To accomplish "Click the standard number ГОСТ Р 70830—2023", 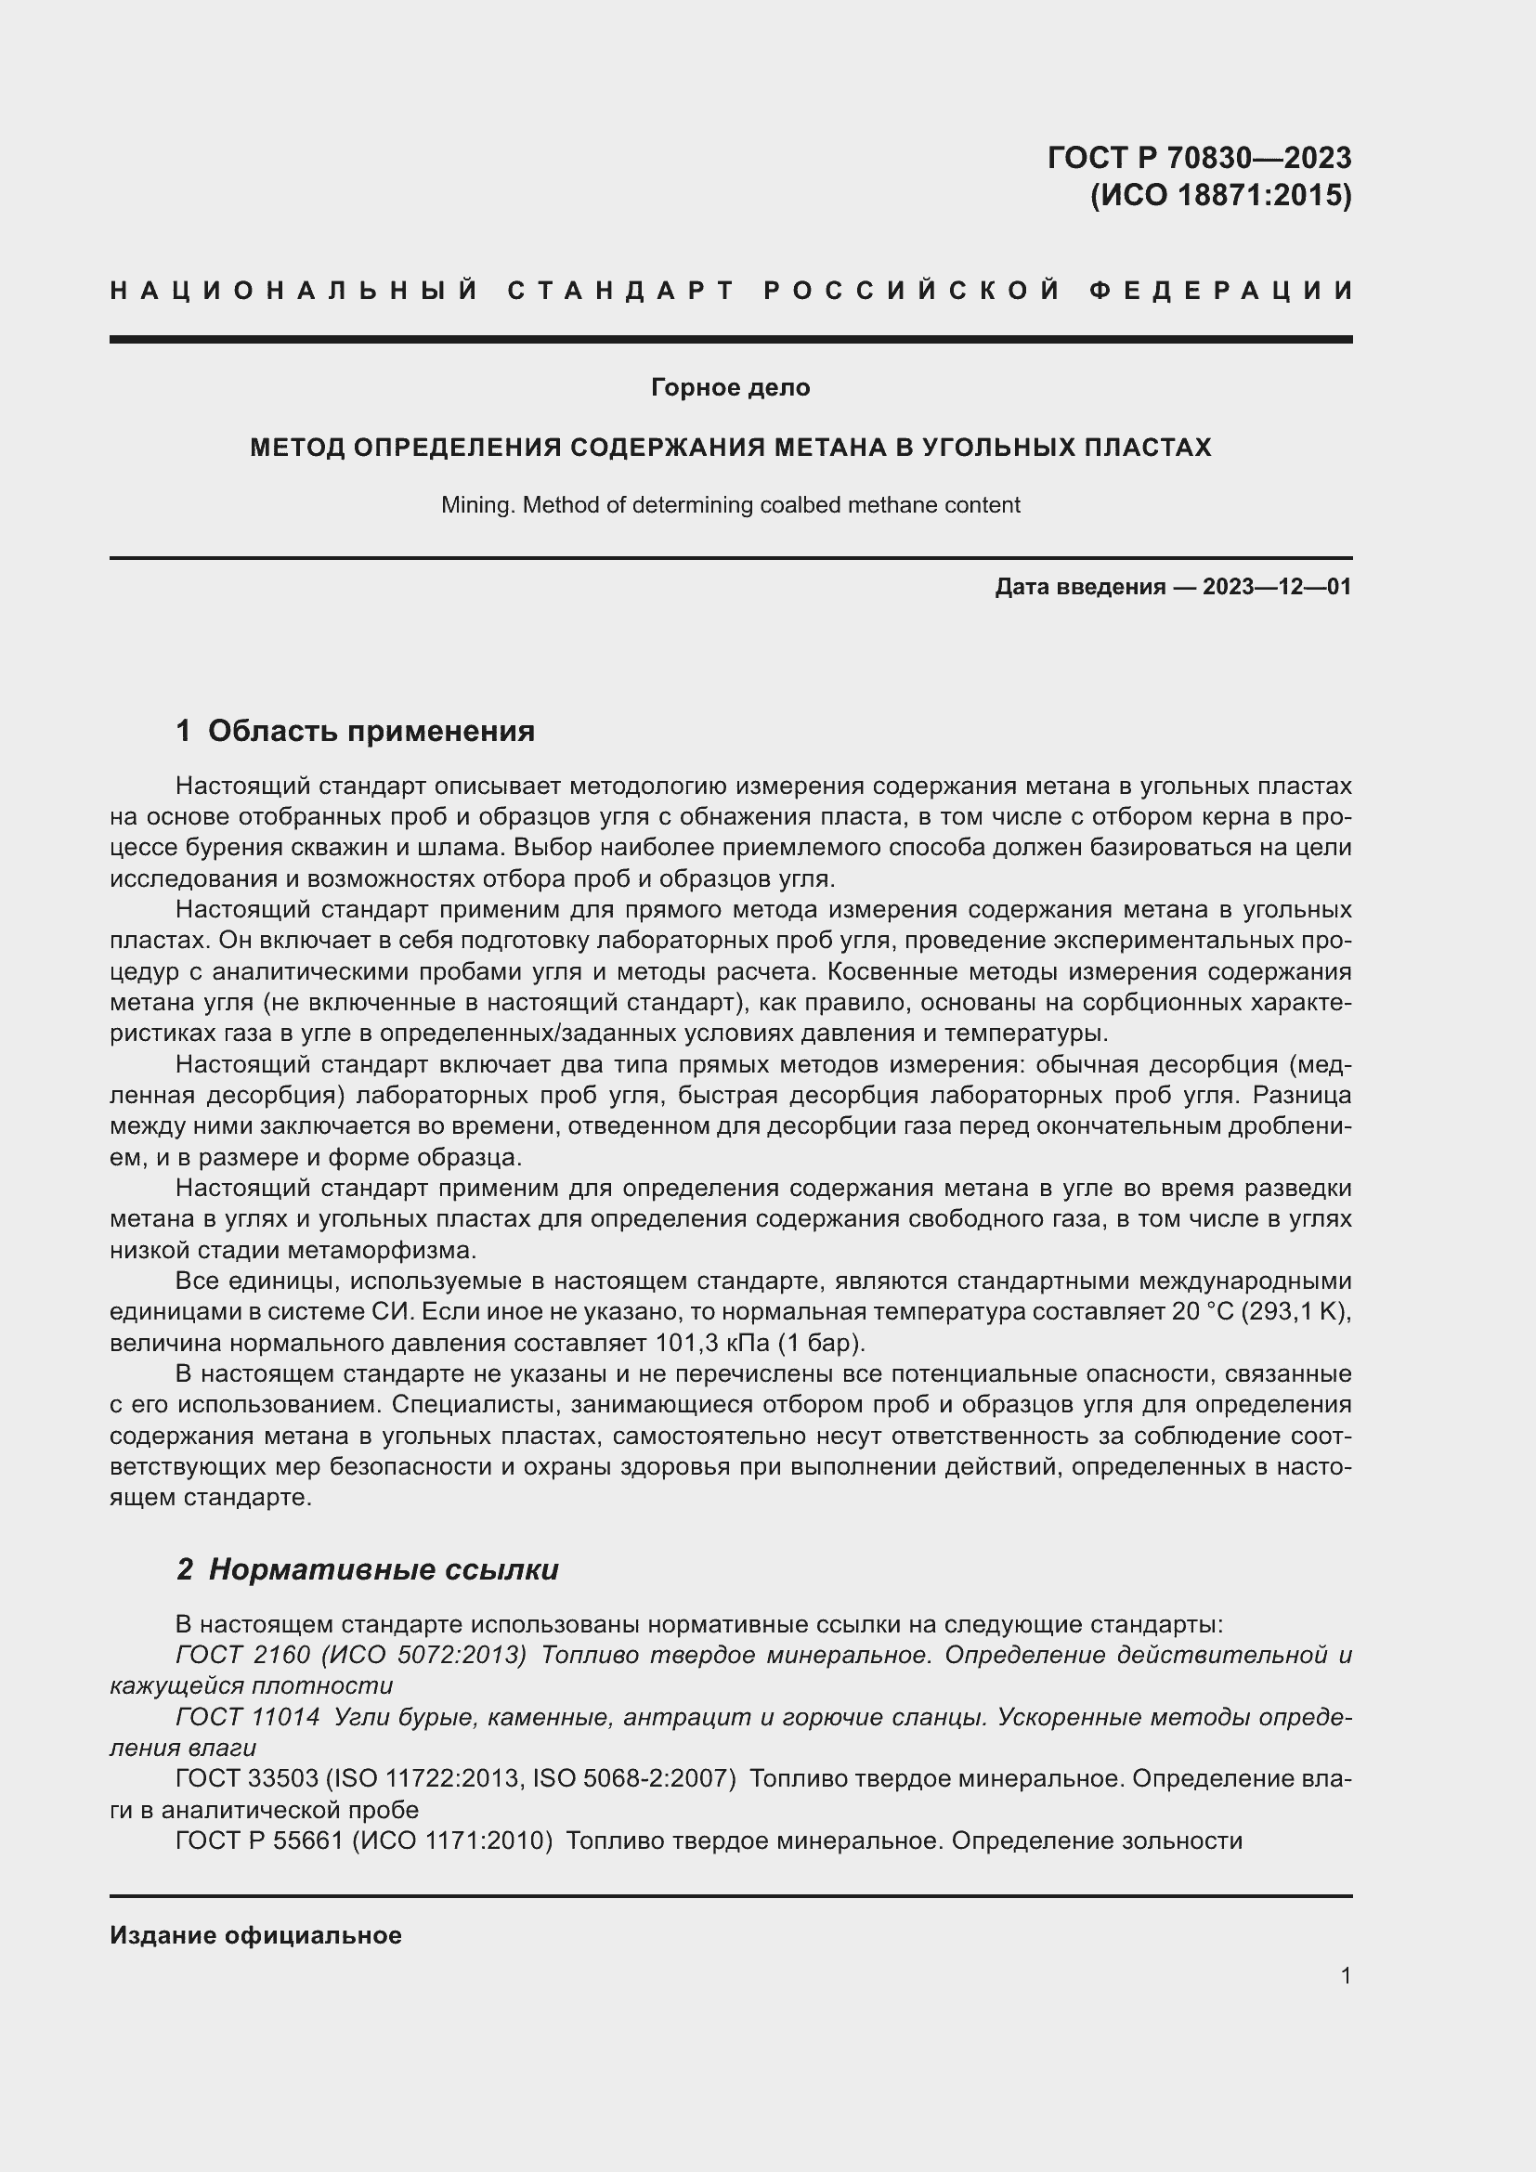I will (1198, 157).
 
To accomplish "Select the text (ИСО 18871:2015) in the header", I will (1220, 196).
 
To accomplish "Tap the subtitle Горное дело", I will (730, 387).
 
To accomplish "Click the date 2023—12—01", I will (1276, 587).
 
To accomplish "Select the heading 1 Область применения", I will (356, 730).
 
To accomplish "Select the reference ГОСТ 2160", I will (242, 1655).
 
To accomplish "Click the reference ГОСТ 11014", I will (248, 1717).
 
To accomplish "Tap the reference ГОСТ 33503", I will (247, 1778).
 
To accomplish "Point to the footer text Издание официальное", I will (255, 1935).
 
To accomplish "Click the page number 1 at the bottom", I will (1345, 1975).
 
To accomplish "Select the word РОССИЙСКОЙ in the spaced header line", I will (912, 291).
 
